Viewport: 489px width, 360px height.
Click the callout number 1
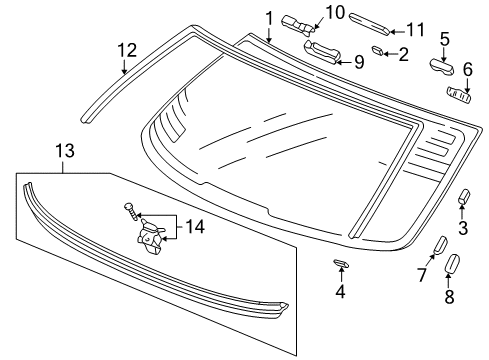269,17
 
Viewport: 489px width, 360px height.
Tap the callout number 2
403,54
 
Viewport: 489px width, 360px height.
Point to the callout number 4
339,292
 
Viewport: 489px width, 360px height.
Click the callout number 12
125,49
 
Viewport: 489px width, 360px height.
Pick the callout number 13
64,151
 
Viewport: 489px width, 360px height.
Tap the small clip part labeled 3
464,198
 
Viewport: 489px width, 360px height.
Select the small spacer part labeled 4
339,264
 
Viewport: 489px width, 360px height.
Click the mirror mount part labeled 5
442,67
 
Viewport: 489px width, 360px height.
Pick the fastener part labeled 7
439,246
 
